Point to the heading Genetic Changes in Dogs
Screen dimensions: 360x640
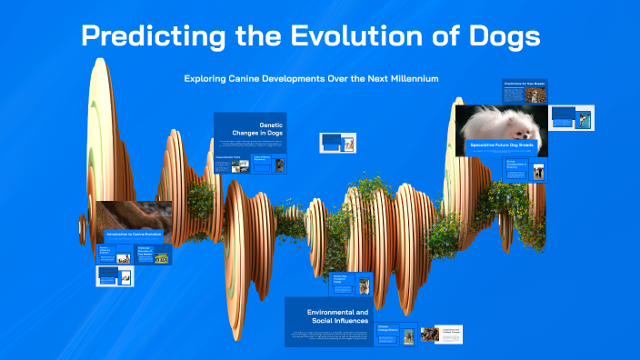click(260, 131)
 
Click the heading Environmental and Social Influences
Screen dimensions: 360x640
click(338, 315)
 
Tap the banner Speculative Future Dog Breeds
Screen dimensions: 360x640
click(502, 145)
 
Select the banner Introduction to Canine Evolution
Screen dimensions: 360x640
click(134, 235)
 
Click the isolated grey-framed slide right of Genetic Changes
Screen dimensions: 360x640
click(336, 143)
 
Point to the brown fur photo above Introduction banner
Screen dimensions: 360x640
click(134, 215)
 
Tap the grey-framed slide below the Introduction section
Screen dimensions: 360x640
click(115, 276)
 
